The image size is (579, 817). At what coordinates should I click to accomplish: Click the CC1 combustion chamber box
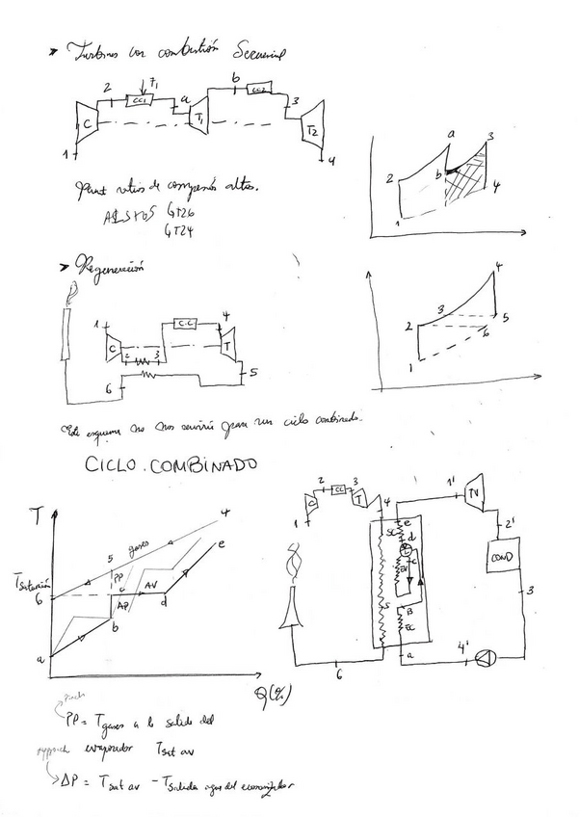point(141,99)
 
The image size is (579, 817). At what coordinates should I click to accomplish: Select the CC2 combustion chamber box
point(258,91)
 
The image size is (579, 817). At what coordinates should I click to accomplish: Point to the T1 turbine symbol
point(200,116)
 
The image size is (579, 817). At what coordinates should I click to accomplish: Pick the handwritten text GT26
point(181,210)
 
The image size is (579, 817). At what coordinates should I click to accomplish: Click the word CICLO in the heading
point(116,464)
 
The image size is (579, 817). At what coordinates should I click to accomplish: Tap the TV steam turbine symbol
point(474,495)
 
